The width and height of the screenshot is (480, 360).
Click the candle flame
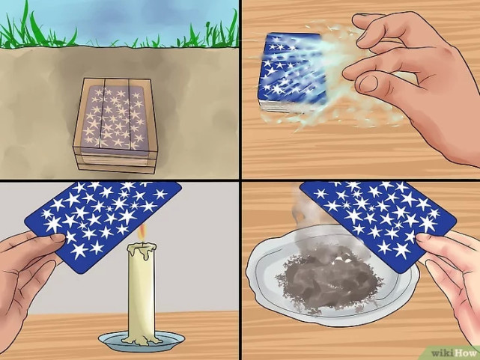(x=142, y=233)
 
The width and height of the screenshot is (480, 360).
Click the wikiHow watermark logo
(x=454, y=353)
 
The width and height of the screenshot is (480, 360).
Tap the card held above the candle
(x=103, y=225)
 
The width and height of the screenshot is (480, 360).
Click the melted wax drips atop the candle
(x=142, y=248)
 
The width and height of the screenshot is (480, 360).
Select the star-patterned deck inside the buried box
(x=115, y=118)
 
